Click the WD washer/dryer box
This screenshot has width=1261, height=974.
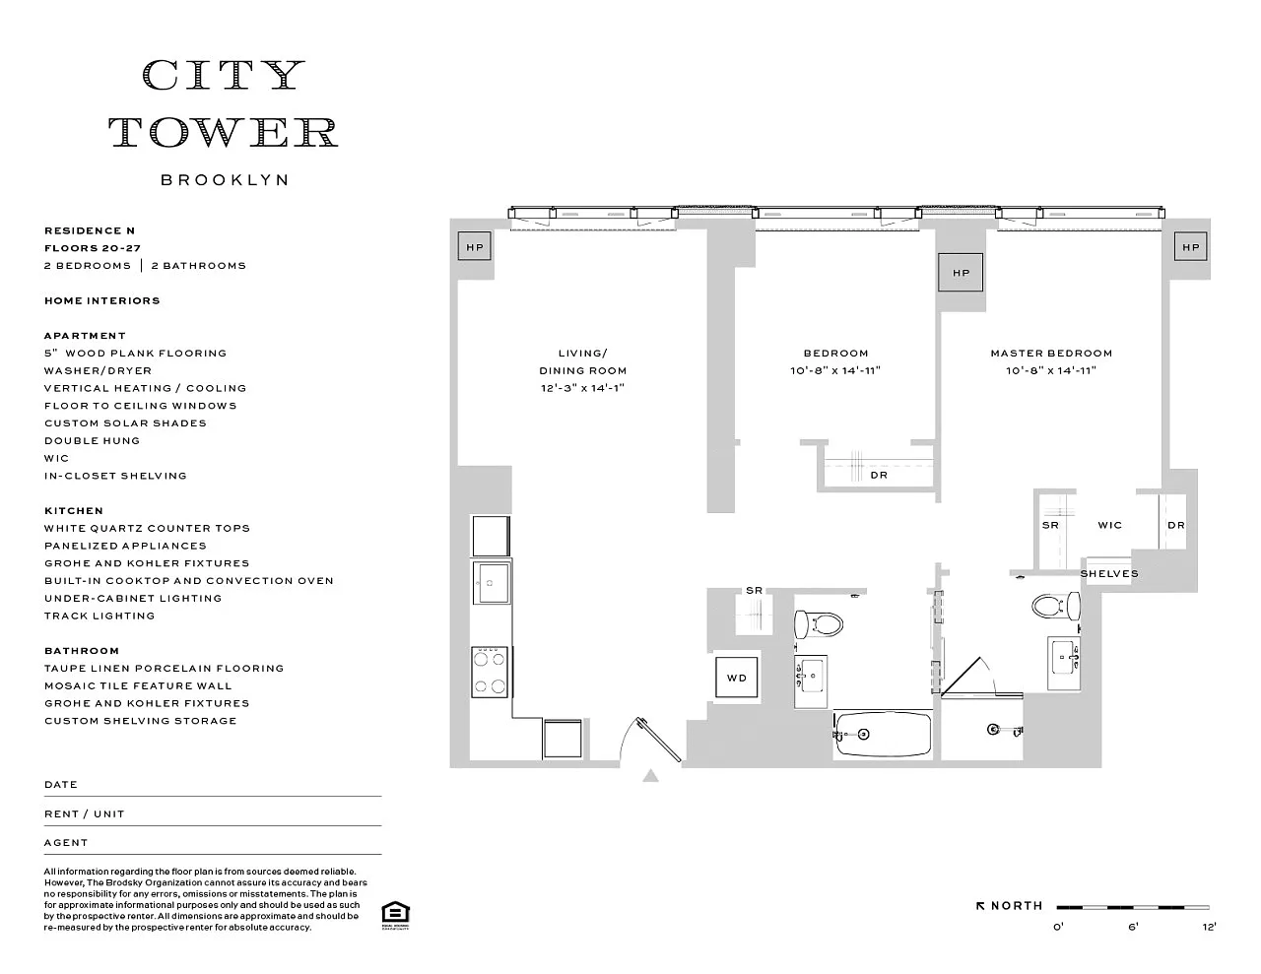coord(737,678)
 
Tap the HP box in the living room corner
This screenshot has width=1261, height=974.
coord(475,247)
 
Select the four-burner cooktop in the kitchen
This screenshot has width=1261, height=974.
coord(491,672)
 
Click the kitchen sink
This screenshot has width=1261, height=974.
coord(491,588)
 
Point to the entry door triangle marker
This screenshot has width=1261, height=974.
coord(650,776)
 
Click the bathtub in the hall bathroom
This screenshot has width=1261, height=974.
coord(883,734)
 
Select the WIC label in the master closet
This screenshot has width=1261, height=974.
coord(1109,526)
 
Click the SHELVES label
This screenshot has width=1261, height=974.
coord(1109,574)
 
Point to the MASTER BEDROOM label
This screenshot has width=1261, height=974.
coord(1051,354)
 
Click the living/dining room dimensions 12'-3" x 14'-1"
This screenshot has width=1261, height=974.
coord(583,388)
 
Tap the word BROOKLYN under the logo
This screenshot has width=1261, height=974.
coord(225,180)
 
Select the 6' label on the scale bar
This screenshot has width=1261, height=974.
coord(1133,927)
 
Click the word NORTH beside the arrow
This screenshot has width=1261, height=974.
coord(1017,906)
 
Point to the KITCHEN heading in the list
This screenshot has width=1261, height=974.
coord(74,511)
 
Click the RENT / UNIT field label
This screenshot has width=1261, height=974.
coord(85,814)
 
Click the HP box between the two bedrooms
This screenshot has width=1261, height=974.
coord(961,273)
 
